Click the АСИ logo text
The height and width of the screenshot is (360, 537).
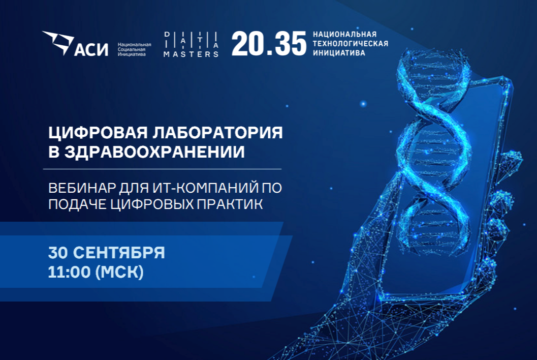[x=92, y=49]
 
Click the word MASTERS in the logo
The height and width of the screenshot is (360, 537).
[x=191, y=54]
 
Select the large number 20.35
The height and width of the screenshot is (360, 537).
[x=269, y=44]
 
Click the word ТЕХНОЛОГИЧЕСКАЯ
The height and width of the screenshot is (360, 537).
[x=350, y=43]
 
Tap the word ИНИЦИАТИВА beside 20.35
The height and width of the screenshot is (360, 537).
[x=338, y=52]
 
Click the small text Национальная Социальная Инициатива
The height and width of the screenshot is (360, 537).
[x=134, y=49]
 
